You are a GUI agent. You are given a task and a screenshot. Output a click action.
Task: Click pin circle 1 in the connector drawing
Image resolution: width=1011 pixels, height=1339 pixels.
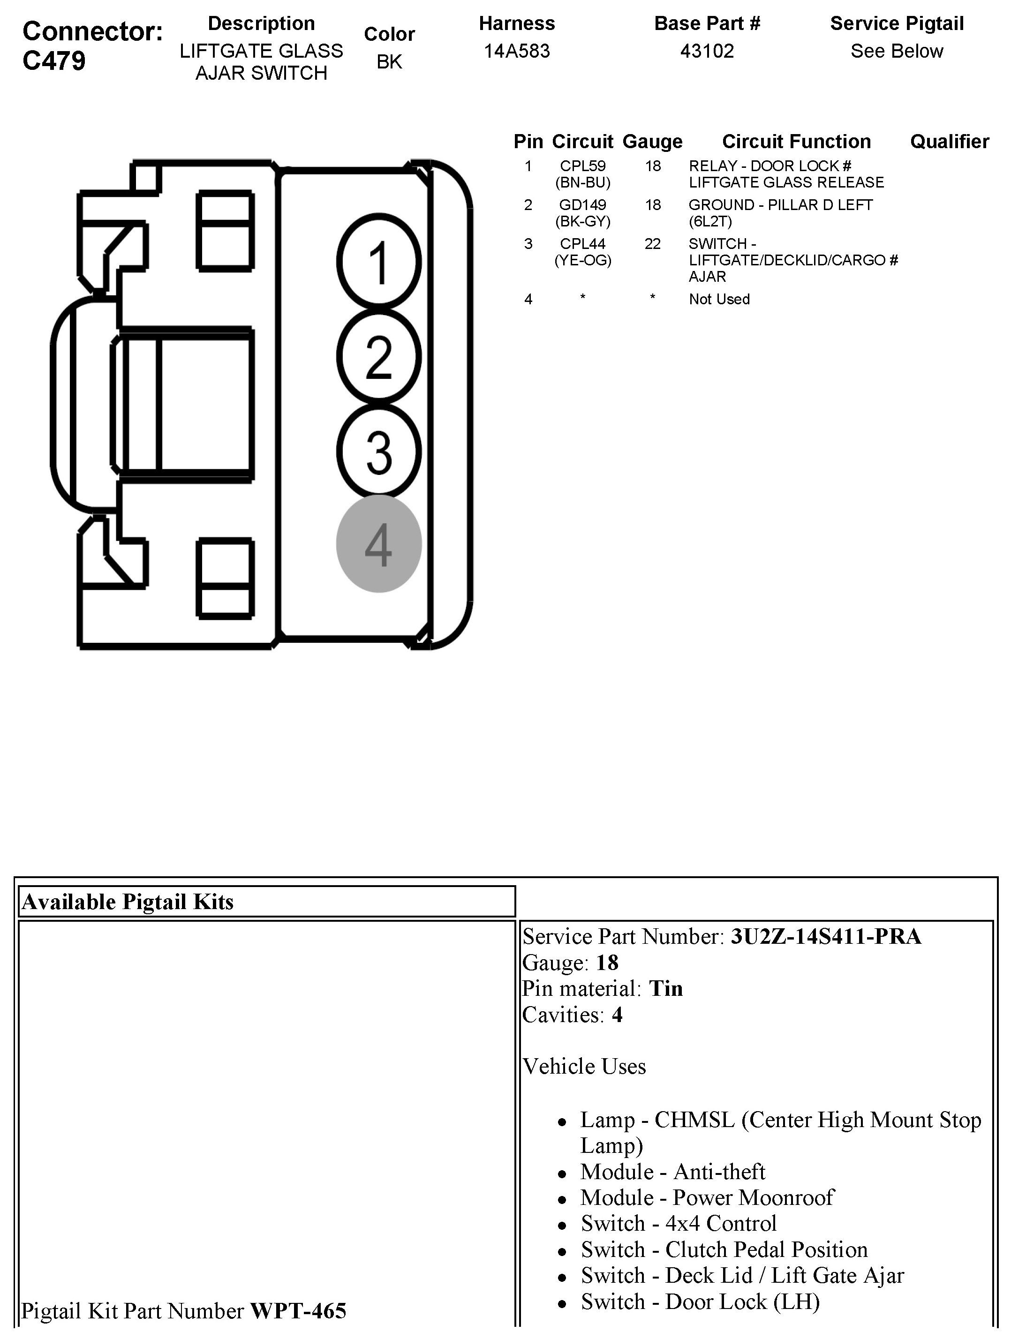coord(379,262)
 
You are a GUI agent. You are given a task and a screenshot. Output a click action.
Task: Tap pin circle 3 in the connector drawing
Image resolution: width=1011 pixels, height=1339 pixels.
coord(379,451)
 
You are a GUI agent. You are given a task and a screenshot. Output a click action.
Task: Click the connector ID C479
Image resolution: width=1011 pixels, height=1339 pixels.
coord(54,61)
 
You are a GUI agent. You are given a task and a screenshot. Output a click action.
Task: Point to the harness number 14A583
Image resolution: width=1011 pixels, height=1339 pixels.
coord(516,51)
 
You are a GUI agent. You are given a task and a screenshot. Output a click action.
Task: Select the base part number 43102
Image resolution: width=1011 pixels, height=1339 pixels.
coord(707,51)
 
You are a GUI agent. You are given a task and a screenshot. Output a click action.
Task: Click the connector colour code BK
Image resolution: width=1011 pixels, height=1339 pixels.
coord(389,62)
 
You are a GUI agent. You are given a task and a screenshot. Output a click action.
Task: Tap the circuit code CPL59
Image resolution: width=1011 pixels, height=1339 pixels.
coord(582,166)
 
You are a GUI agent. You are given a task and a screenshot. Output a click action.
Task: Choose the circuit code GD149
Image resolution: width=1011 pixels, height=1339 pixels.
coord(582,205)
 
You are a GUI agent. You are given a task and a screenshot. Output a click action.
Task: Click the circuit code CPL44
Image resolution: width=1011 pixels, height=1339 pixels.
coord(582,244)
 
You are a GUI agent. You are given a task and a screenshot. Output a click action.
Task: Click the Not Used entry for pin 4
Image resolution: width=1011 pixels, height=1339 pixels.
coord(719,299)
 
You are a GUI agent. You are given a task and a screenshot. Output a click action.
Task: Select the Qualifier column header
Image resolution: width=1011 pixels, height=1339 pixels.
coord(949,142)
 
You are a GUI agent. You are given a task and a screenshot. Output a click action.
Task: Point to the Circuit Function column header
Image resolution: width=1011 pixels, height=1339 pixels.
coord(796,142)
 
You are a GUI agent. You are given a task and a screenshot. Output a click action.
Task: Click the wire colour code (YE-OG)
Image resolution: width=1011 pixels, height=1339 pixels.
coord(583,260)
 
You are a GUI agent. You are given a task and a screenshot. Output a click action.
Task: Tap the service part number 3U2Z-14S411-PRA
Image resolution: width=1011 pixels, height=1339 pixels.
coord(826,936)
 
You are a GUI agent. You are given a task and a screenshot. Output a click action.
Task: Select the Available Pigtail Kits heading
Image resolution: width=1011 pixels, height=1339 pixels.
coord(127,902)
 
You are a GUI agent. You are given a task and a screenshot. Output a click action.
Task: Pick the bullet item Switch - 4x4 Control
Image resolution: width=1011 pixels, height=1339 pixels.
coord(678,1223)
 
